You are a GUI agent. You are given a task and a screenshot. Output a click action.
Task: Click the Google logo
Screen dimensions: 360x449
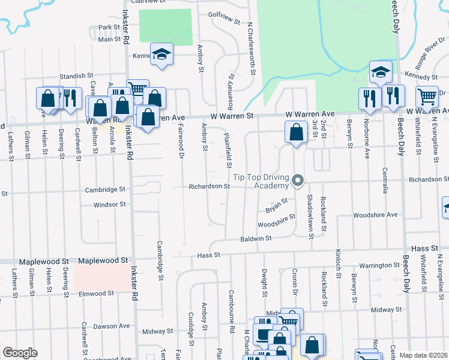coord(20,353)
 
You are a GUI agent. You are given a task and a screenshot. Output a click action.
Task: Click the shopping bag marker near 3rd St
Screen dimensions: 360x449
coord(297,133)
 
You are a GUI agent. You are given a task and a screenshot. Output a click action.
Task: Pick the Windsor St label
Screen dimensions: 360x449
coord(110,205)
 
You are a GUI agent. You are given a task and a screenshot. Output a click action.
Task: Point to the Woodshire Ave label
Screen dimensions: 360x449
coord(376,214)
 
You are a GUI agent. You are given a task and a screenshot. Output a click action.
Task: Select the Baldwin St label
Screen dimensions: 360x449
coord(256,238)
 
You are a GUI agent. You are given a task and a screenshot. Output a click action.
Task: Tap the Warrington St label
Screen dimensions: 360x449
coord(379,265)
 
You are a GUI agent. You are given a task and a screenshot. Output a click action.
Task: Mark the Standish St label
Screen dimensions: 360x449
coord(78,76)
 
